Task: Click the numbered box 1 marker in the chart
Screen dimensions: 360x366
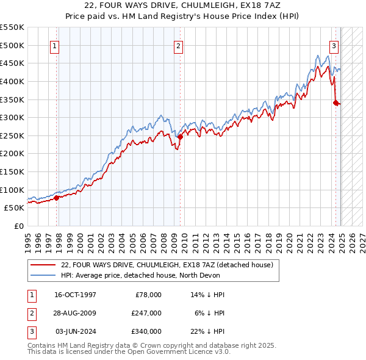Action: [55, 45]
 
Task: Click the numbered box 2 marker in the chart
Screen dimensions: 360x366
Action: [178, 45]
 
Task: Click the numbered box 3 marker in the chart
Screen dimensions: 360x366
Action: [334, 45]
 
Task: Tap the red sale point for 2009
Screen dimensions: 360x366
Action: [181, 137]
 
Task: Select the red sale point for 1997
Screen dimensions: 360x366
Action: [57, 197]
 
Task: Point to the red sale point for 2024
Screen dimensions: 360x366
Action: [335, 103]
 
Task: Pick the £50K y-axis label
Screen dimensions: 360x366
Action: [14, 208]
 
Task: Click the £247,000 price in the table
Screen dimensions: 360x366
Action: [146, 312]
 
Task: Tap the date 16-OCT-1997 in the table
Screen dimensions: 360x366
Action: [76, 295]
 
